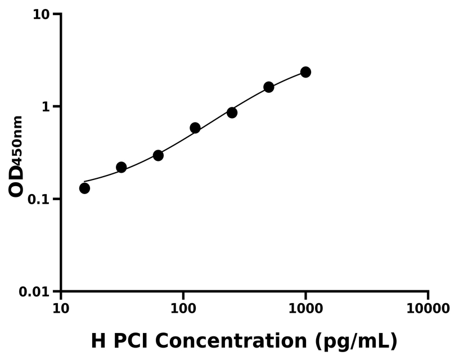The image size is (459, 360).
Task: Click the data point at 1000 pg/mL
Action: click(305, 72)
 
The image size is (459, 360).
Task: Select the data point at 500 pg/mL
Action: click(269, 87)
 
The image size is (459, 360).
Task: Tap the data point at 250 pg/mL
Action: click(232, 112)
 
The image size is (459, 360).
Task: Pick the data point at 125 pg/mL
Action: click(195, 128)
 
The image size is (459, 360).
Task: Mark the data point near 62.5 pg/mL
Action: click(158, 155)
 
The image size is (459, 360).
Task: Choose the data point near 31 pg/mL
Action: click(121, 167)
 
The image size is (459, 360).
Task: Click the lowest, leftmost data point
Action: click(84, 188)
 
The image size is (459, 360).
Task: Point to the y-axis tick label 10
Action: click(41, 14)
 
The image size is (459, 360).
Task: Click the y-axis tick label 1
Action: click(46, 107)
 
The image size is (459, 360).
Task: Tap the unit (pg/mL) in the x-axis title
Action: click(357, 341)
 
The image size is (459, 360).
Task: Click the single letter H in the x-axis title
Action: click(98, 341)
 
